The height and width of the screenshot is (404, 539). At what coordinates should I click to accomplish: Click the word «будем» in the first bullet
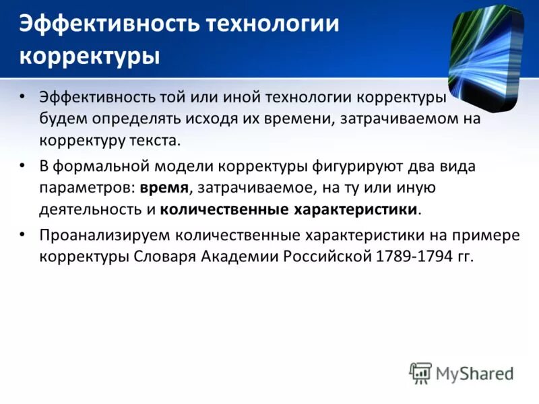point(61,119)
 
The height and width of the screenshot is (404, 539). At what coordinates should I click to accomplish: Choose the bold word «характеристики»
point(356,209)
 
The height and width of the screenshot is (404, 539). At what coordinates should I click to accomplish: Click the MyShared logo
point(462,373)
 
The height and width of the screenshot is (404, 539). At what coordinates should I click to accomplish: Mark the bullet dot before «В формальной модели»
point(23,164)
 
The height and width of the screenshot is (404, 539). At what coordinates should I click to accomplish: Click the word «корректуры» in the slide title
point(90,55)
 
